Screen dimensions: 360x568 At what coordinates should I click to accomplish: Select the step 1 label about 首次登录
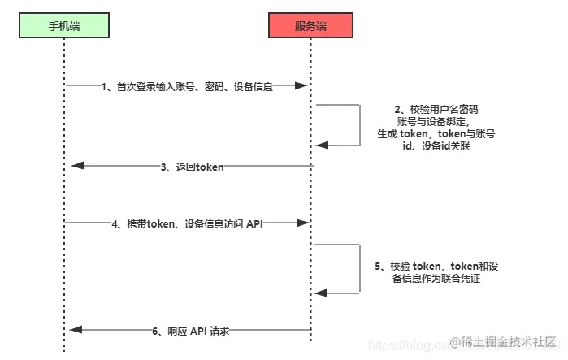[x=187, y=86]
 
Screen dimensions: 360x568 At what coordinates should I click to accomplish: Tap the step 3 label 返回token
[x=192, y=166]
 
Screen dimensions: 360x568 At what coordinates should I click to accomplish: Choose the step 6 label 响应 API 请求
[x=191, y=330]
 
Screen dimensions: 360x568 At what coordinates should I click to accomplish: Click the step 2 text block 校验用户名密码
[x=436, y=127]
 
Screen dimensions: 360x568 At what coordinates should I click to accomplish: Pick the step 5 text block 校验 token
[x=438, y=272]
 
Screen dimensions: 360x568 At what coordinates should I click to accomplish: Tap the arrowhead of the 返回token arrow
[x=76, y=166]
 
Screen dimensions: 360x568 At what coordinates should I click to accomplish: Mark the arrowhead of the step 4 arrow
[x=302, y=222]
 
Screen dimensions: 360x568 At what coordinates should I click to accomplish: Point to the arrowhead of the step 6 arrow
[x=76, y=330]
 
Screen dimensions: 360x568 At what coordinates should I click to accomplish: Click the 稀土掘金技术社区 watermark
[x=503, y=340]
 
